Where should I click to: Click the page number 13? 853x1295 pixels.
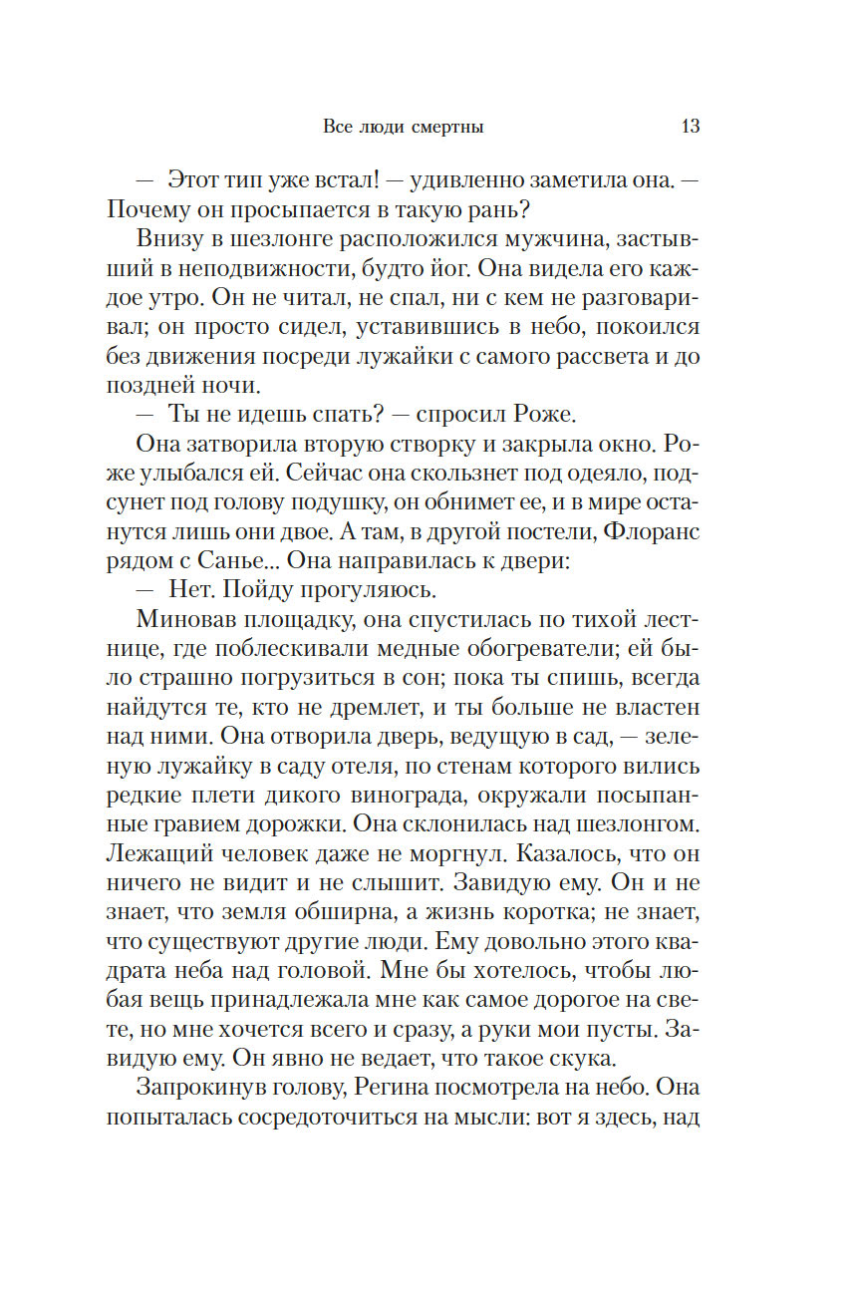pos(691,127)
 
